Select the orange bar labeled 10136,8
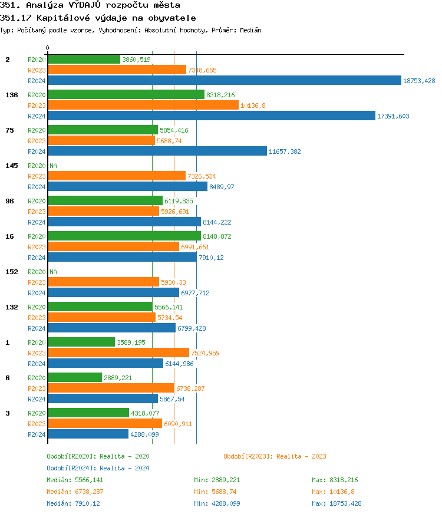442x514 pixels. click(x=143, y=106)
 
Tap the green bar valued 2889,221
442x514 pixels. click(x=75, y=378)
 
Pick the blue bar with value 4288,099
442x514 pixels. click(x=88, y=434)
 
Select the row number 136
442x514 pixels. click(x=11, y=95)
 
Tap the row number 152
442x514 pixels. click(x=11, y=272)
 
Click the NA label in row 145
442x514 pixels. click(x=53, y=166)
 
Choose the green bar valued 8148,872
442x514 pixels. click(x=124, y=236)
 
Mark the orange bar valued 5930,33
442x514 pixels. click(x=103, y=282)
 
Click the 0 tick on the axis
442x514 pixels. click(x=48, y=48)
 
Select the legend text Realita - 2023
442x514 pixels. click(x=301, y=456)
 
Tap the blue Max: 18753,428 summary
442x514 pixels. click(x=337, y=503)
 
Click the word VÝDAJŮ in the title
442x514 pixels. click(x=89, y=5)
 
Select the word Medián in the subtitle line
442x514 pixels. click(x=250, y=30)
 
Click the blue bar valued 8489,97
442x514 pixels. click(x=127, y=187)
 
